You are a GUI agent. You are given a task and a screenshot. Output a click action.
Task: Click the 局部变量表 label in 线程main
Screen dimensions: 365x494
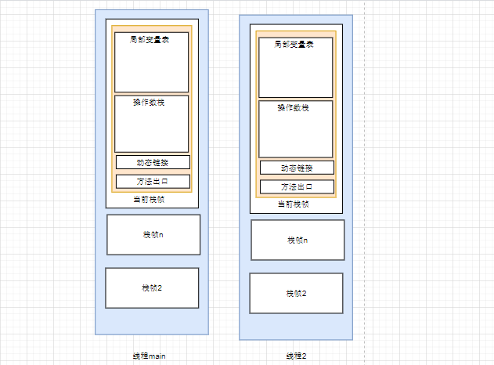tap(150, 39)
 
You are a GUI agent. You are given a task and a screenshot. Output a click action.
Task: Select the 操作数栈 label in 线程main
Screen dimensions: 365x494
tap(150, 101)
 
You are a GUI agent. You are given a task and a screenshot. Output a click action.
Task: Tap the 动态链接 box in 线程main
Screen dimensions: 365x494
tap(153, 163)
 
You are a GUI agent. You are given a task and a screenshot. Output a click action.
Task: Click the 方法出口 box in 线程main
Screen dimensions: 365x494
tap(153, 182)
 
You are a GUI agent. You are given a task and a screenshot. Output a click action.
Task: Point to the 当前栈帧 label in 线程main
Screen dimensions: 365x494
tap(150, 200)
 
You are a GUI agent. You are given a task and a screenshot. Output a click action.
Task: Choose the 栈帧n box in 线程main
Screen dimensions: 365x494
tap(153, 235)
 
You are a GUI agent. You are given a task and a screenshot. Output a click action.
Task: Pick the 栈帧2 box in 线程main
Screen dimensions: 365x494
tap(152, 288)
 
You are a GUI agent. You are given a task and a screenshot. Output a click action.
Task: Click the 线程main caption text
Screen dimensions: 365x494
tap(150, 356)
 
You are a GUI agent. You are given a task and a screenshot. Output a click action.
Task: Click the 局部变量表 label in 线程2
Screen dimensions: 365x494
tap(295, 45)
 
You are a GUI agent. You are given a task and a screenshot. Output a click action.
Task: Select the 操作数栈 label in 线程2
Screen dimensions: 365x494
tap(294, 107)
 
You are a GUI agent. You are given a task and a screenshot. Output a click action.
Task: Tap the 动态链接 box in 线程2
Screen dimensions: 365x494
tap(297, 168)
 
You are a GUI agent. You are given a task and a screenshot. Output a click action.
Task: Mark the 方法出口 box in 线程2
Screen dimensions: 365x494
tap(297, 187)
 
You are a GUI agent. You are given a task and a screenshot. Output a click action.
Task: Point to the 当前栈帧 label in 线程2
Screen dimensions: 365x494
tap(294, 204)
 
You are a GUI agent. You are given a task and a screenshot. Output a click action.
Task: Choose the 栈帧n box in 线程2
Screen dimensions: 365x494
tap(297, 240)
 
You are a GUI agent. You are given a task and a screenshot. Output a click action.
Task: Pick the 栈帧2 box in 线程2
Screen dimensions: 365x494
tap(296, 293)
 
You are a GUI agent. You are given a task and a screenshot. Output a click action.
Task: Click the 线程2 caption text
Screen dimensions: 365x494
tap(295, 356)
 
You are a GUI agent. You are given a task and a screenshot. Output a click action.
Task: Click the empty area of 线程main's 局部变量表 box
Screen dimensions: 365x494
tap(151, 69)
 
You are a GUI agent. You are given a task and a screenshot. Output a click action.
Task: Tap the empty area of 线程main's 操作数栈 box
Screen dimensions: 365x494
tap(151, 129)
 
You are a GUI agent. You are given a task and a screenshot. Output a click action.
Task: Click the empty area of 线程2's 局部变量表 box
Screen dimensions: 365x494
tap(295, 74)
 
